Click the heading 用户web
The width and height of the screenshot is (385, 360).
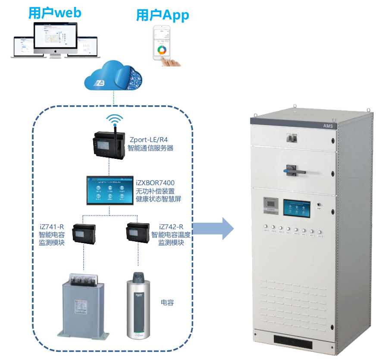(x=54, y=12)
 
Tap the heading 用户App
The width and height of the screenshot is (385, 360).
(x=163, y=16)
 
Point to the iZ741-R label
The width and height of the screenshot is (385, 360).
(x=51, y=227)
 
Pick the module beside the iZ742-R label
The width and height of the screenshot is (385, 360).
(x=138, y=233)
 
